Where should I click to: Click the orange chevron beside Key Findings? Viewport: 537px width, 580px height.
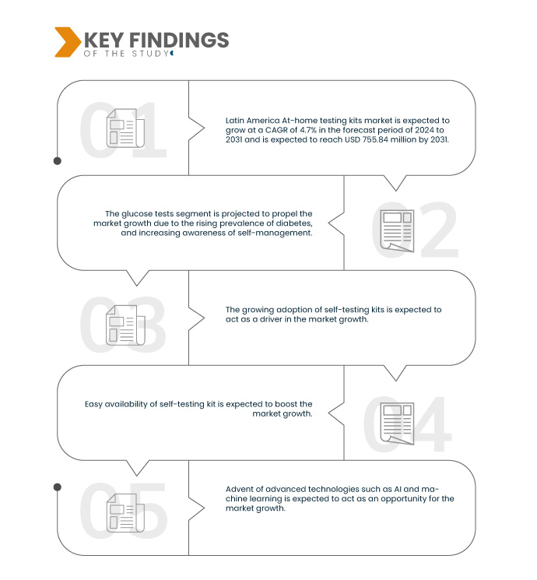pyautogui.click(x=68, y=42)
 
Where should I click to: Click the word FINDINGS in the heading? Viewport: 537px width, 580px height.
pyautogui.click(x=179, y=40)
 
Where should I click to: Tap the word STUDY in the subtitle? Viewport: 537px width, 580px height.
pyautogui.click(x=150, y=54)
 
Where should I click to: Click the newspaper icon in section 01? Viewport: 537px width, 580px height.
pyautogui.click(x=125, y=128)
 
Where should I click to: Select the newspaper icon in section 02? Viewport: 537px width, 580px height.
pyautogui.click(x=397, y=230)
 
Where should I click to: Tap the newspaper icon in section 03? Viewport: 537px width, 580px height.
pyautogui.click(x=125, y=325)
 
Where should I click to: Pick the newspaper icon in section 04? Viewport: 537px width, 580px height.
pyautogui.click(x=397, y=424)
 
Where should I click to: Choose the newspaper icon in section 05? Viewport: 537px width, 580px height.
pyautogui.click(x=125, y=513)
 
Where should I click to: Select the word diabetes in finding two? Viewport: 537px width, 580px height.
pyautogui.click(x=297, y=223)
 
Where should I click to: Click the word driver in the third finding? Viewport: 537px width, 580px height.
pyautogui.click(x=271, y=319)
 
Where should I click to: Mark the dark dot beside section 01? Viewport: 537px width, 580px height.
pyautogui.click(x=58, y=161)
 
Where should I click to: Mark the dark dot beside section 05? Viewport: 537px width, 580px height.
pyautogui.click(x=58, y=487)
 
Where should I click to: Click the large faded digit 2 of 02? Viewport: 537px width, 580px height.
pyautogui.click(x=439, y=230)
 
